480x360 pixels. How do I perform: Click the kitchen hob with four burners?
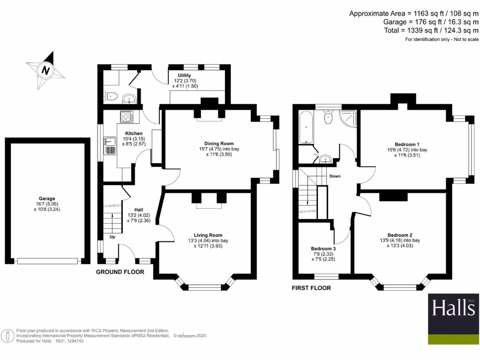click(x=127, y=116)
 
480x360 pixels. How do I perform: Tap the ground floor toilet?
click(x=111, y=96)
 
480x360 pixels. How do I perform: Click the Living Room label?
click(x=208, y=235)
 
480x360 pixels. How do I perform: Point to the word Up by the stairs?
click(x=112, y=237)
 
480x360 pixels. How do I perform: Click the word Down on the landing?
click(x=335, y=177)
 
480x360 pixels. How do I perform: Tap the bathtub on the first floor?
click(x=306, y=127)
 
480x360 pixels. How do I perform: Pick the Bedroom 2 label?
click(x=400, y=235)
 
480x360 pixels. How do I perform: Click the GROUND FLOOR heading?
click(x=120, y=272)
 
